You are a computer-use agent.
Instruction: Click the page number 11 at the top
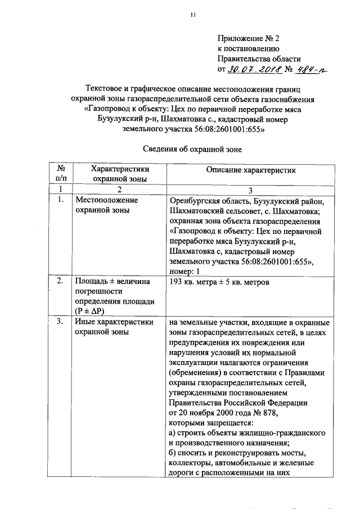(192, 16)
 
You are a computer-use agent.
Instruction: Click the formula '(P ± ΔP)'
(92, 312)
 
